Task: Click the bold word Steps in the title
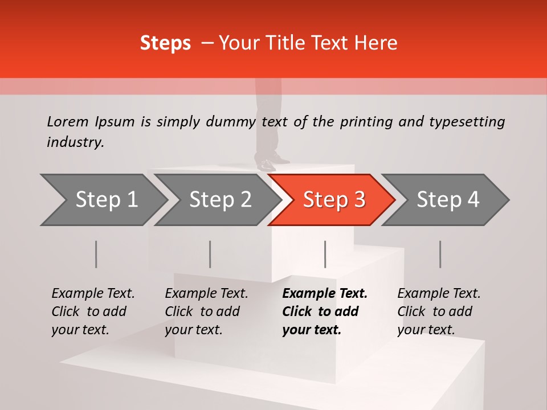(165, 43)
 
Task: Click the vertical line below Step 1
(96, 254)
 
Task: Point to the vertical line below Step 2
(210, 254)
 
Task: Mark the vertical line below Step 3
(325, 254)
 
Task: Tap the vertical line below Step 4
(440, 254)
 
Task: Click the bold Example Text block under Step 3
(325, 311)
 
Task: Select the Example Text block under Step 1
(93, 311)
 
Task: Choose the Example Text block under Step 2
(206, 311)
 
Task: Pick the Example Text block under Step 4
(439, 311)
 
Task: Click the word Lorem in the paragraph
(68, 121)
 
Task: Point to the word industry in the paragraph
(75, 142)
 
